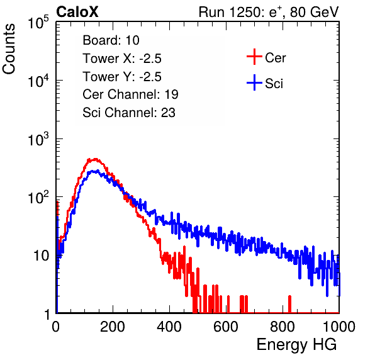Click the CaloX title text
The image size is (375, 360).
(x=77, y=12)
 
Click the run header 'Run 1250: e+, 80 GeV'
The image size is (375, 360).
(x=269, y=12)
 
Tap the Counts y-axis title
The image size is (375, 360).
(x=9, y=49)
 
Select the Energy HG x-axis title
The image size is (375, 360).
(x=296, y=345)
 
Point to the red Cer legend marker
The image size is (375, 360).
(x=254, y=57)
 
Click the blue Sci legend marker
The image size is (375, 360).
(x=254, y=83)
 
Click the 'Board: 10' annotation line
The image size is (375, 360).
(x=111, y=40)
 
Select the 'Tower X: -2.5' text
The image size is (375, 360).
(x=122, y=59)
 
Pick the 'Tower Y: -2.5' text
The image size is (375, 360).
(x=122, y=77)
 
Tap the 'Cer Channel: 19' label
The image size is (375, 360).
(x=130, y=94)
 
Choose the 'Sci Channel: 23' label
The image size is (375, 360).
(x=129, y=113)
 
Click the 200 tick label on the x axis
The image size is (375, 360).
(x=113, y=327)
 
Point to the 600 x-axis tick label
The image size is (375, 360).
(x=226, y=327)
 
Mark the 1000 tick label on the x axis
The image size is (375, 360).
(x=339, y=327)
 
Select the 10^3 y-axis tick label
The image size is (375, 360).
(x=38, y=139)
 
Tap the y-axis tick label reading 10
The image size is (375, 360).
(x=41, y=256)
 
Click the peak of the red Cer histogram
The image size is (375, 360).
(x=95, y=159)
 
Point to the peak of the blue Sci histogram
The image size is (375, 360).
(x=95, y=171)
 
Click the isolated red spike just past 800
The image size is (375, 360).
(x=289, y=304)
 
